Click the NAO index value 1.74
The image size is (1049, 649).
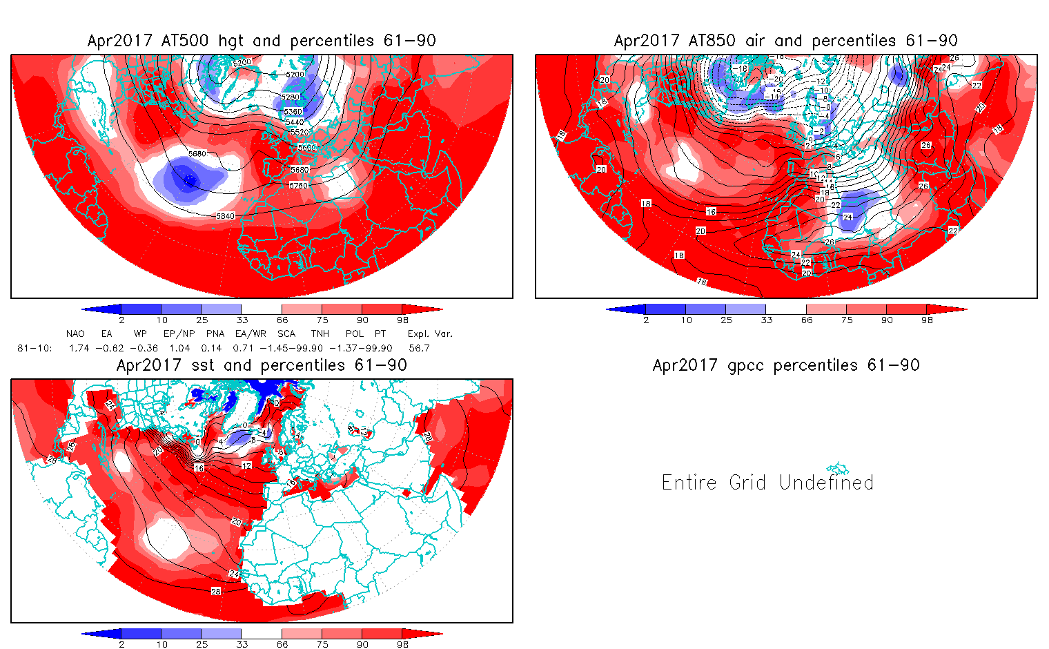pyautogui.click(x=79, y=348)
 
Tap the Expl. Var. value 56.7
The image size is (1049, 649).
pyautogui.click(x=419, y=348)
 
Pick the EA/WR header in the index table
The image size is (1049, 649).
pyautogui.click(x=251, y=333)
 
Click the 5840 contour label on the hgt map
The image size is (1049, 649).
pyautogui.click(x=226, y=216)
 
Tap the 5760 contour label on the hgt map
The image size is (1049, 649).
pyautogui.click(x=300, y=186)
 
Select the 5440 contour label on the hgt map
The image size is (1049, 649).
pyautogui.click(x=295, y=122)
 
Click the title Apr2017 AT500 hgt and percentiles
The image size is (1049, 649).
pyautogui.click(x=262, y=41)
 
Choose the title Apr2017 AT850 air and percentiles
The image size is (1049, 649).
pyautogui.click(x=785, y=41)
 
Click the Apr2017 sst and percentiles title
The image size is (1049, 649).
pyautogui.click(x=262, y=365)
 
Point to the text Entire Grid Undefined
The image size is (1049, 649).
pyautogui.click(x=767, y=482)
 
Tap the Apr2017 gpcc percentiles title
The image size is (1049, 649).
pyautogui.click(x=785, y=365)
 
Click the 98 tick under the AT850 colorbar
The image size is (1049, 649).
pyautogui.click(x=927, y=320)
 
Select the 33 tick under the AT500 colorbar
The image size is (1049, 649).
pyautogui.click(x=242, y=320)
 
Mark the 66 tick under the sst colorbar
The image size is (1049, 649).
pyautogui.click(x=282, y=644)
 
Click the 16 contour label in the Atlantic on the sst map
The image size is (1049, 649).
pyautogui.click(x=199, y=468)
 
